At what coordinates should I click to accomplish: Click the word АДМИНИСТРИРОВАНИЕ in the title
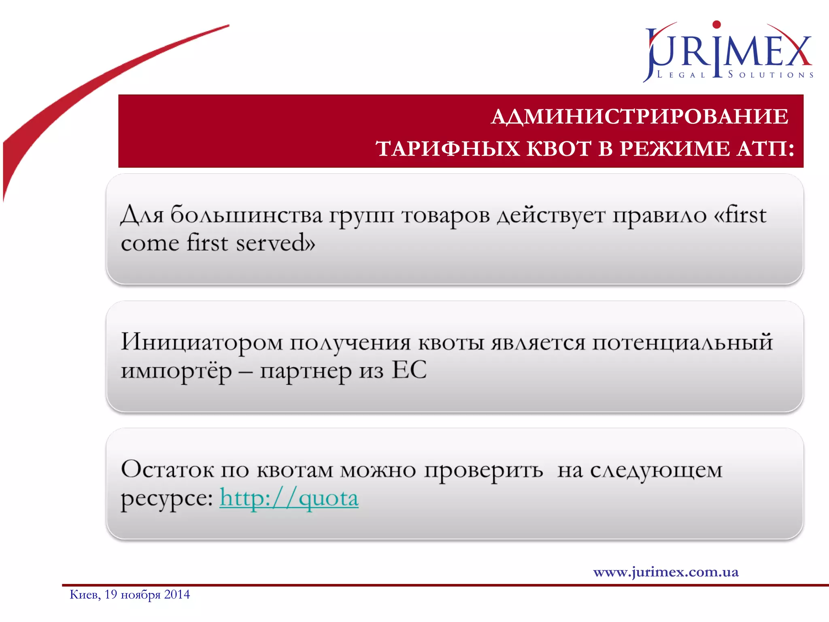point(640,117)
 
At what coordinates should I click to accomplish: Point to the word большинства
point(246,215)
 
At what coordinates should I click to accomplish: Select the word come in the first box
point(150,243)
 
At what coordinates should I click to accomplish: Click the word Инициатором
point(202,342)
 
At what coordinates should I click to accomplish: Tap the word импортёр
point(176,371)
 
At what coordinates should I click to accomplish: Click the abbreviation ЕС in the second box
point(409,370)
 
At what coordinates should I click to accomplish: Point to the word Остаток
point(168,470)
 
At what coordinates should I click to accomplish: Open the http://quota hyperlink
point(289,498)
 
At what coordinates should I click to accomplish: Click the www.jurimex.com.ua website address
point(666,572)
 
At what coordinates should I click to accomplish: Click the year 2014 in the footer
point(177,594)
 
